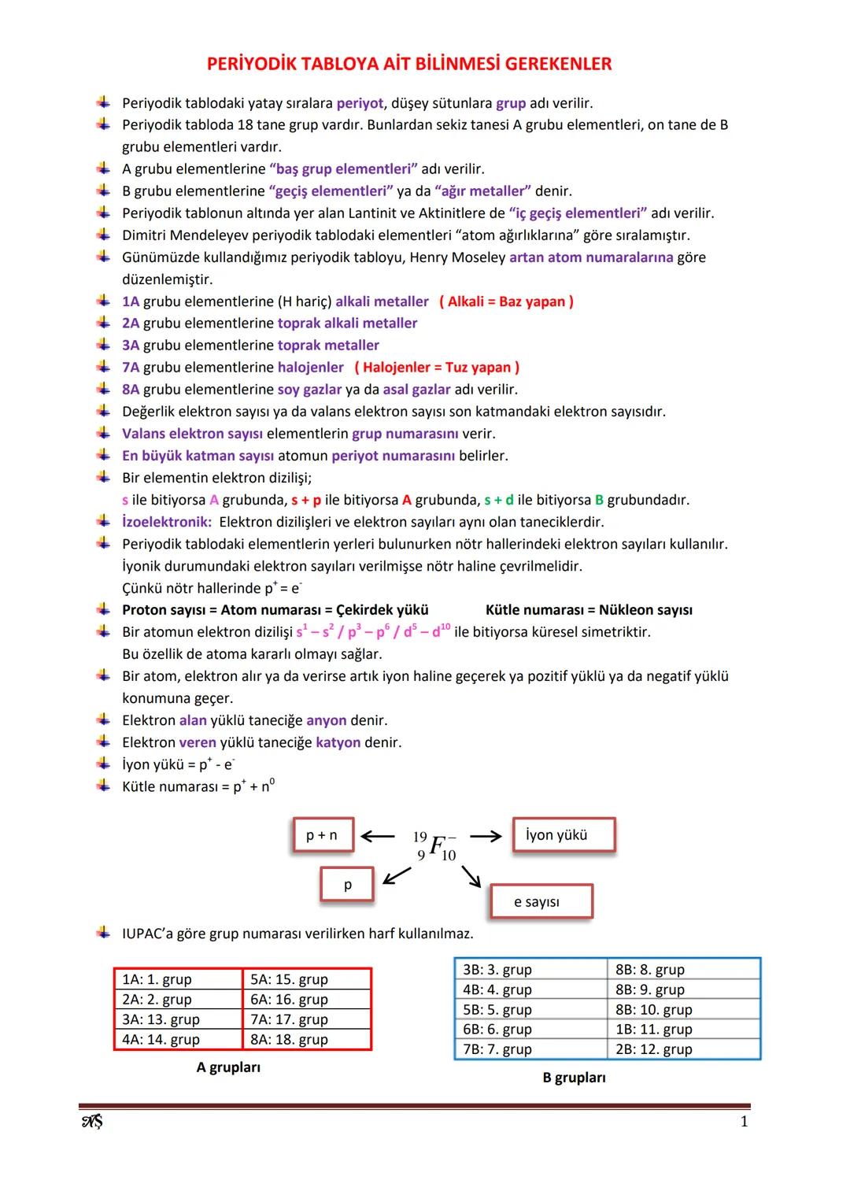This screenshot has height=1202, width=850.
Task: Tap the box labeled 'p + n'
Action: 322,835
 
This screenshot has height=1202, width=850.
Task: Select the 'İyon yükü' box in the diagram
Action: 563,835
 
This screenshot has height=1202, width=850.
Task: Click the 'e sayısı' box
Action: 541,902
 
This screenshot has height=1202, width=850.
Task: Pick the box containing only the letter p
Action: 347,885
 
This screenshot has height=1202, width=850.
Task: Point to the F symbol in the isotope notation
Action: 438,845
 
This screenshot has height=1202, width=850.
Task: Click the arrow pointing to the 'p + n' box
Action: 377,836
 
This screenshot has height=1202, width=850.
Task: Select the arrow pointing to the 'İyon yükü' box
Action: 486,836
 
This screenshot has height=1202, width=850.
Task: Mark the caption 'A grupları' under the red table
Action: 228,1067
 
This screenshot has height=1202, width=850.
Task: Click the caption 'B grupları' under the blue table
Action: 574,1078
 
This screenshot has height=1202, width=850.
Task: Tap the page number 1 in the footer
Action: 744,1122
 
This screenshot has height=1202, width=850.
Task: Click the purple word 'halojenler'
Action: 310,368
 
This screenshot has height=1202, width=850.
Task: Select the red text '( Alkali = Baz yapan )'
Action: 506,301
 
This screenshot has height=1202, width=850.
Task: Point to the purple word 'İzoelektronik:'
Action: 166,522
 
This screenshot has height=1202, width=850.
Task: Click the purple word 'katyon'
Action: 338,742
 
